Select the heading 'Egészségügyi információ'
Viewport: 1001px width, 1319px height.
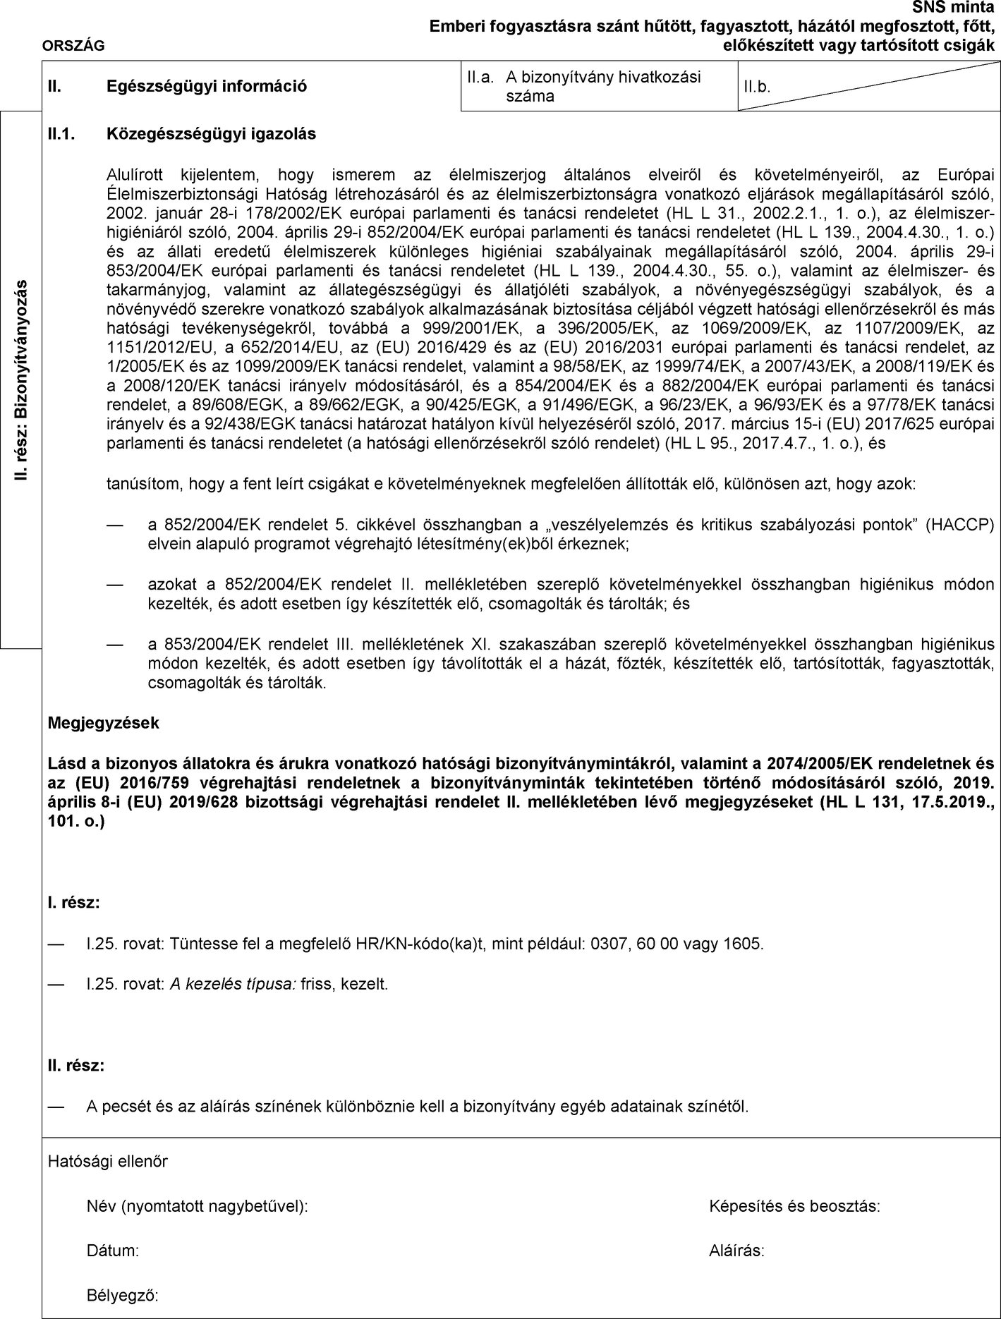pos(206,87)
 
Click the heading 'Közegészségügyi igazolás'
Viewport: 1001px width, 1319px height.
pos(210,133)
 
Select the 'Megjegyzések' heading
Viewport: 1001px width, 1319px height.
pos(103,723)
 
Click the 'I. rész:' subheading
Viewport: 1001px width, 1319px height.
pos(73,902)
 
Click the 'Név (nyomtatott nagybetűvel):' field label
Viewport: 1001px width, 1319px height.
pos(197,1206)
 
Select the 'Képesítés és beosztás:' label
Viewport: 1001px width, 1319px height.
pos(794,1206)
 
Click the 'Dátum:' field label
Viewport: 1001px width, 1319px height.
pos(112,1251)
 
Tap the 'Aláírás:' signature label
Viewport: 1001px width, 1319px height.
pos(736,1251)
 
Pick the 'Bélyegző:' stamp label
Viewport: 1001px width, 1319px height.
pos(122,1296)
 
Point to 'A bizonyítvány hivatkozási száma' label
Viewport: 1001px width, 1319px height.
pos(603,87)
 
